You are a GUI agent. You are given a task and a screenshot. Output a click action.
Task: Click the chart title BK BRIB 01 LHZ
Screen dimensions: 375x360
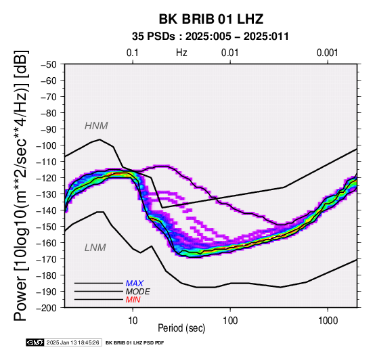(x=211, y=19)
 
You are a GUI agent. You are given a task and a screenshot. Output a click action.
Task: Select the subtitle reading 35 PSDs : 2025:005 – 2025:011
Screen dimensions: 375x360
(x=211, y=37)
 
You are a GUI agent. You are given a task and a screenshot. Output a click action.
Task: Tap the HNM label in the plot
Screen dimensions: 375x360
(x=96, y=126)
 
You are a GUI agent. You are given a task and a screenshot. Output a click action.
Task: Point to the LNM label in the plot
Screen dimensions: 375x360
(x=95, y=248)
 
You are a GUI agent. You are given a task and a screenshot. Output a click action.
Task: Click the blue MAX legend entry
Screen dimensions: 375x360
(x=135, y=284)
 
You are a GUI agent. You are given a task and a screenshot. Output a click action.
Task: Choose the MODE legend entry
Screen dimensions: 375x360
(x=138, y=292)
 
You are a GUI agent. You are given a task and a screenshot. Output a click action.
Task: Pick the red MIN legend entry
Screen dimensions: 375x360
(x=133, y=300)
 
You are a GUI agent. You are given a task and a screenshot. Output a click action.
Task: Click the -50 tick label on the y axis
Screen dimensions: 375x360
(x=49, y=64)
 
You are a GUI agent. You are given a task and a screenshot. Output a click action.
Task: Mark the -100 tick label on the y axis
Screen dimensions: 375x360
(x=47, y=145)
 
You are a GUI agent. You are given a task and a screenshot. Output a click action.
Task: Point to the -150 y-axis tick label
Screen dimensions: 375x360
(x=47, y=227)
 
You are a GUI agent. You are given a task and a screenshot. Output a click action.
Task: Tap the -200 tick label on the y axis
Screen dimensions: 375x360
(x=47, y=307)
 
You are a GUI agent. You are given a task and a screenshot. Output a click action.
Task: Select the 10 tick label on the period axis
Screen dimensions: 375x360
(x=133, y=320)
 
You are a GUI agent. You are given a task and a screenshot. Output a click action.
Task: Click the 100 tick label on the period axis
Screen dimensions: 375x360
(x=230, y=320)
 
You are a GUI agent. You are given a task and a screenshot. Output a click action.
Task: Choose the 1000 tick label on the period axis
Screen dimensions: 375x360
(x=328, y=320)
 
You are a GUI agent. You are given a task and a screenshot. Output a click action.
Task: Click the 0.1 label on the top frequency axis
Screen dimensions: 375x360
(x=133, y=53)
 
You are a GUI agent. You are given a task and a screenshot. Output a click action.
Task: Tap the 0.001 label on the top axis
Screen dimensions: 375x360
(x=328, y=53)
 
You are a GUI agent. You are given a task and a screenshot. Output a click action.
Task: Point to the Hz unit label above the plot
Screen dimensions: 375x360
(x=181, y=53)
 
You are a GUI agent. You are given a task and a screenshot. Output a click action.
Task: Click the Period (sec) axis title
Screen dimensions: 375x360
(x=181, y=328)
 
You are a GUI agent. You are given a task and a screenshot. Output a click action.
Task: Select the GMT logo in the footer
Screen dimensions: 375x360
(x=35, y=342)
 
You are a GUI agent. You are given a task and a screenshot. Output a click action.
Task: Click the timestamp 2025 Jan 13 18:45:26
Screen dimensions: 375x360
(x=72, y=342)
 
